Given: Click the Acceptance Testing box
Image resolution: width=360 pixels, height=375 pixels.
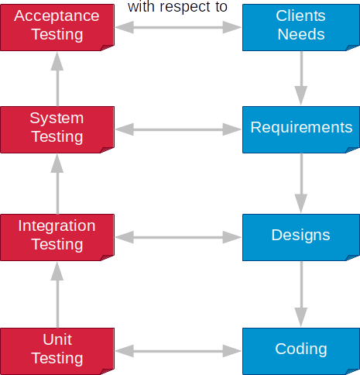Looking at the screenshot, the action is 57,27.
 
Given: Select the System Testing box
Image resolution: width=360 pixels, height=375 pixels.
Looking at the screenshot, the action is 57,129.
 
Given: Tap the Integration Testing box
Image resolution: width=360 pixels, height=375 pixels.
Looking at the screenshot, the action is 57,237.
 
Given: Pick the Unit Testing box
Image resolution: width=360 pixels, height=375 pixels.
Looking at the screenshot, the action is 57,351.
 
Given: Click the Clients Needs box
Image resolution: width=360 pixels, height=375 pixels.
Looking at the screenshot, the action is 301,27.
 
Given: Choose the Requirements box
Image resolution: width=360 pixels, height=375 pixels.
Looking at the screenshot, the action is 301,129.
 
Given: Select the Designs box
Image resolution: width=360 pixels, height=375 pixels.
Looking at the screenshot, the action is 301,237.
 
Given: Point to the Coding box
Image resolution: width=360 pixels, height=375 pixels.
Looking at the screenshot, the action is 301,351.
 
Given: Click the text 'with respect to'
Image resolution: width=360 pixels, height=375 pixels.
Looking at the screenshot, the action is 177,7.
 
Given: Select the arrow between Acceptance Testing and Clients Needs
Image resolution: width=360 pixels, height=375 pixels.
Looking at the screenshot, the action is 178,27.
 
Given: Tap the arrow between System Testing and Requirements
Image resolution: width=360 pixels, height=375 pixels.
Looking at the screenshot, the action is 178,129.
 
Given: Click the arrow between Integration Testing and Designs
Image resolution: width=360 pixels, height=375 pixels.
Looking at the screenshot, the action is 178,237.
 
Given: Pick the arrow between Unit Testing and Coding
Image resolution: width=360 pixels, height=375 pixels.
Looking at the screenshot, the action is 178,351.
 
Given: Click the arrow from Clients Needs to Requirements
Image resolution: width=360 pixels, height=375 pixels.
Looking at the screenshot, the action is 301,78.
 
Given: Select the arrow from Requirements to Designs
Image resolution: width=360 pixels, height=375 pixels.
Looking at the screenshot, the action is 301,183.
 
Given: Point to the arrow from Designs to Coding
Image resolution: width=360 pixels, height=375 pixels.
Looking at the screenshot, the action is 301,294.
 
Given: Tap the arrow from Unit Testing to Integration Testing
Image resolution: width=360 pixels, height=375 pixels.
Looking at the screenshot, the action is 57,294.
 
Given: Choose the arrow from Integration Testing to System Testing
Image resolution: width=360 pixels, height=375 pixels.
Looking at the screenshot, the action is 57,184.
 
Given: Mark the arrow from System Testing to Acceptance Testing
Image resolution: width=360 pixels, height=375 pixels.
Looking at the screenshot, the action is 57,79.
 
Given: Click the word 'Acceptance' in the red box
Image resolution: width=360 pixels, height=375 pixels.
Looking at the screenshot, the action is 57,16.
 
